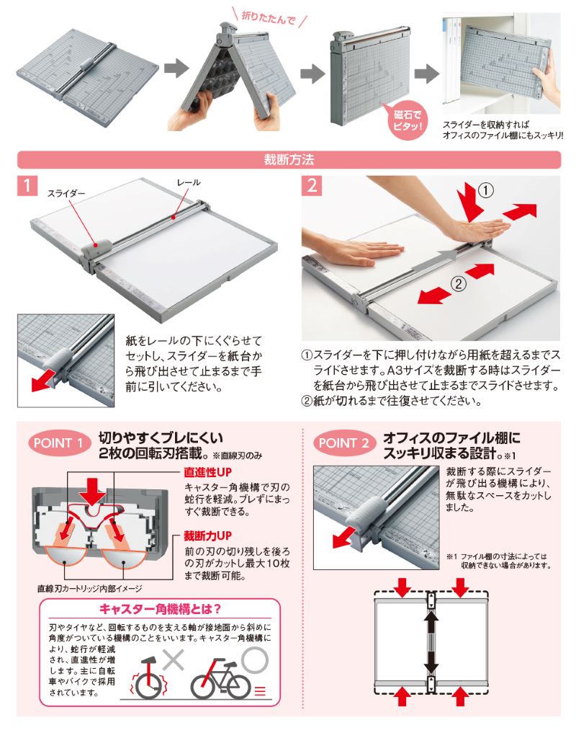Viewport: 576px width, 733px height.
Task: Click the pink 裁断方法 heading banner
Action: (289, 160)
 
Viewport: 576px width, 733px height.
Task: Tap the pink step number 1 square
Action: (27, 185)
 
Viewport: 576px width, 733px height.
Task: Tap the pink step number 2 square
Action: (312, 185)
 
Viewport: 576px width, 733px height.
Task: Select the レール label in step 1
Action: (188, 182)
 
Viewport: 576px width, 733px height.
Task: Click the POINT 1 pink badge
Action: (58, 443)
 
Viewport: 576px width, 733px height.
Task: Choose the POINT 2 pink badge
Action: (344, 443)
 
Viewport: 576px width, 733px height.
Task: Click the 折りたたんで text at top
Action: (268, 18)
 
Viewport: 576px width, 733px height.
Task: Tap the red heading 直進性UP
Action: (207, 472)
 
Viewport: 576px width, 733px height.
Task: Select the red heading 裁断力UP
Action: (207, 536)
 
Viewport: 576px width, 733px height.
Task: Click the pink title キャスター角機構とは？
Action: (160, 609)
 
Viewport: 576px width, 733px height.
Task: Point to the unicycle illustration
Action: (149, 678)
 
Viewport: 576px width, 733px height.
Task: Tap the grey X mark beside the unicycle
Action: (173, 659)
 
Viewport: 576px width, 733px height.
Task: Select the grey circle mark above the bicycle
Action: (255, 660)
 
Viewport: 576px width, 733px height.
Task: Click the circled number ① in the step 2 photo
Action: (486, 191)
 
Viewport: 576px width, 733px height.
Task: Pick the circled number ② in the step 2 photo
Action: (458, 283)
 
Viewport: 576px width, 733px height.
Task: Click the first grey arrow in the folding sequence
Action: (176, 68)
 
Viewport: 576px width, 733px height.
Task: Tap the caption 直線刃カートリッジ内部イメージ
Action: (89, 589)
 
